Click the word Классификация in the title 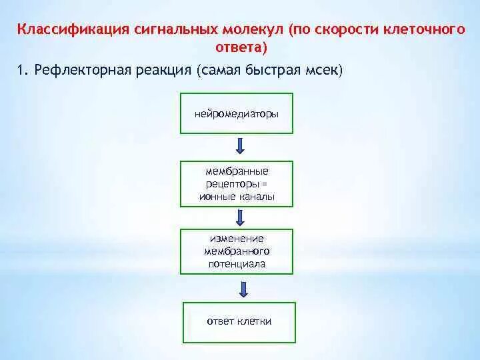pyautogui.click(x=58, y=30)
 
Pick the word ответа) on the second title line pyautogui.click(x=240, y=47)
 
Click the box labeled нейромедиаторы pyautogui.click(x=237, y=113)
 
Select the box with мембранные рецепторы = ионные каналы pyautogui.click(x=237, y=183)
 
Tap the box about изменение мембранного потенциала pyautogui.click(x=237, y=251)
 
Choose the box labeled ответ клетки pyautogui.click(x=239, y=321)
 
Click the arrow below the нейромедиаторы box pyautogui.click(x=240, y=146)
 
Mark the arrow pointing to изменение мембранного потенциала pyautogui.click(x=240, y=216)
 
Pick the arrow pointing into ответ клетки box pyautogui.click(x=243, y=287)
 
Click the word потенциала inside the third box pyautogui.click(x=236, y=264)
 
